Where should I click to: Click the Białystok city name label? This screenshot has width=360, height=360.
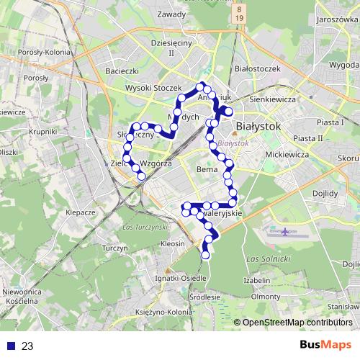(258, 126)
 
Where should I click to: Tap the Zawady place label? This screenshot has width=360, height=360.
(171, 13)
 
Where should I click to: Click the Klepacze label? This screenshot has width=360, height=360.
(81, 212)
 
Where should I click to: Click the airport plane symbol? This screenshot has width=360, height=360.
(287, 232)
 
